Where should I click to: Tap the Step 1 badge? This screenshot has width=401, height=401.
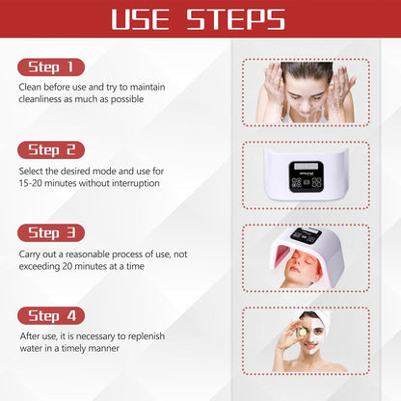(x=50, y=67)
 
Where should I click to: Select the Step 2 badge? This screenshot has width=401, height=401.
(x=50, y=150)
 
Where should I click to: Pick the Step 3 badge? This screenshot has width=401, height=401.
(x=50, y=233)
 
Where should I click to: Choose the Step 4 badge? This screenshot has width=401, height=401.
(x=50, y=316)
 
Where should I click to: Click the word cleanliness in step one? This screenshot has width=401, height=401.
(x=41, y=99)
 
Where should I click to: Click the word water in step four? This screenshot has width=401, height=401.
(x=33, y=348)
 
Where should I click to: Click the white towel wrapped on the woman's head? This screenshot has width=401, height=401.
(x=318, y=317)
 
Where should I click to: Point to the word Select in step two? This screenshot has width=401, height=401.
(x=30, y=171)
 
